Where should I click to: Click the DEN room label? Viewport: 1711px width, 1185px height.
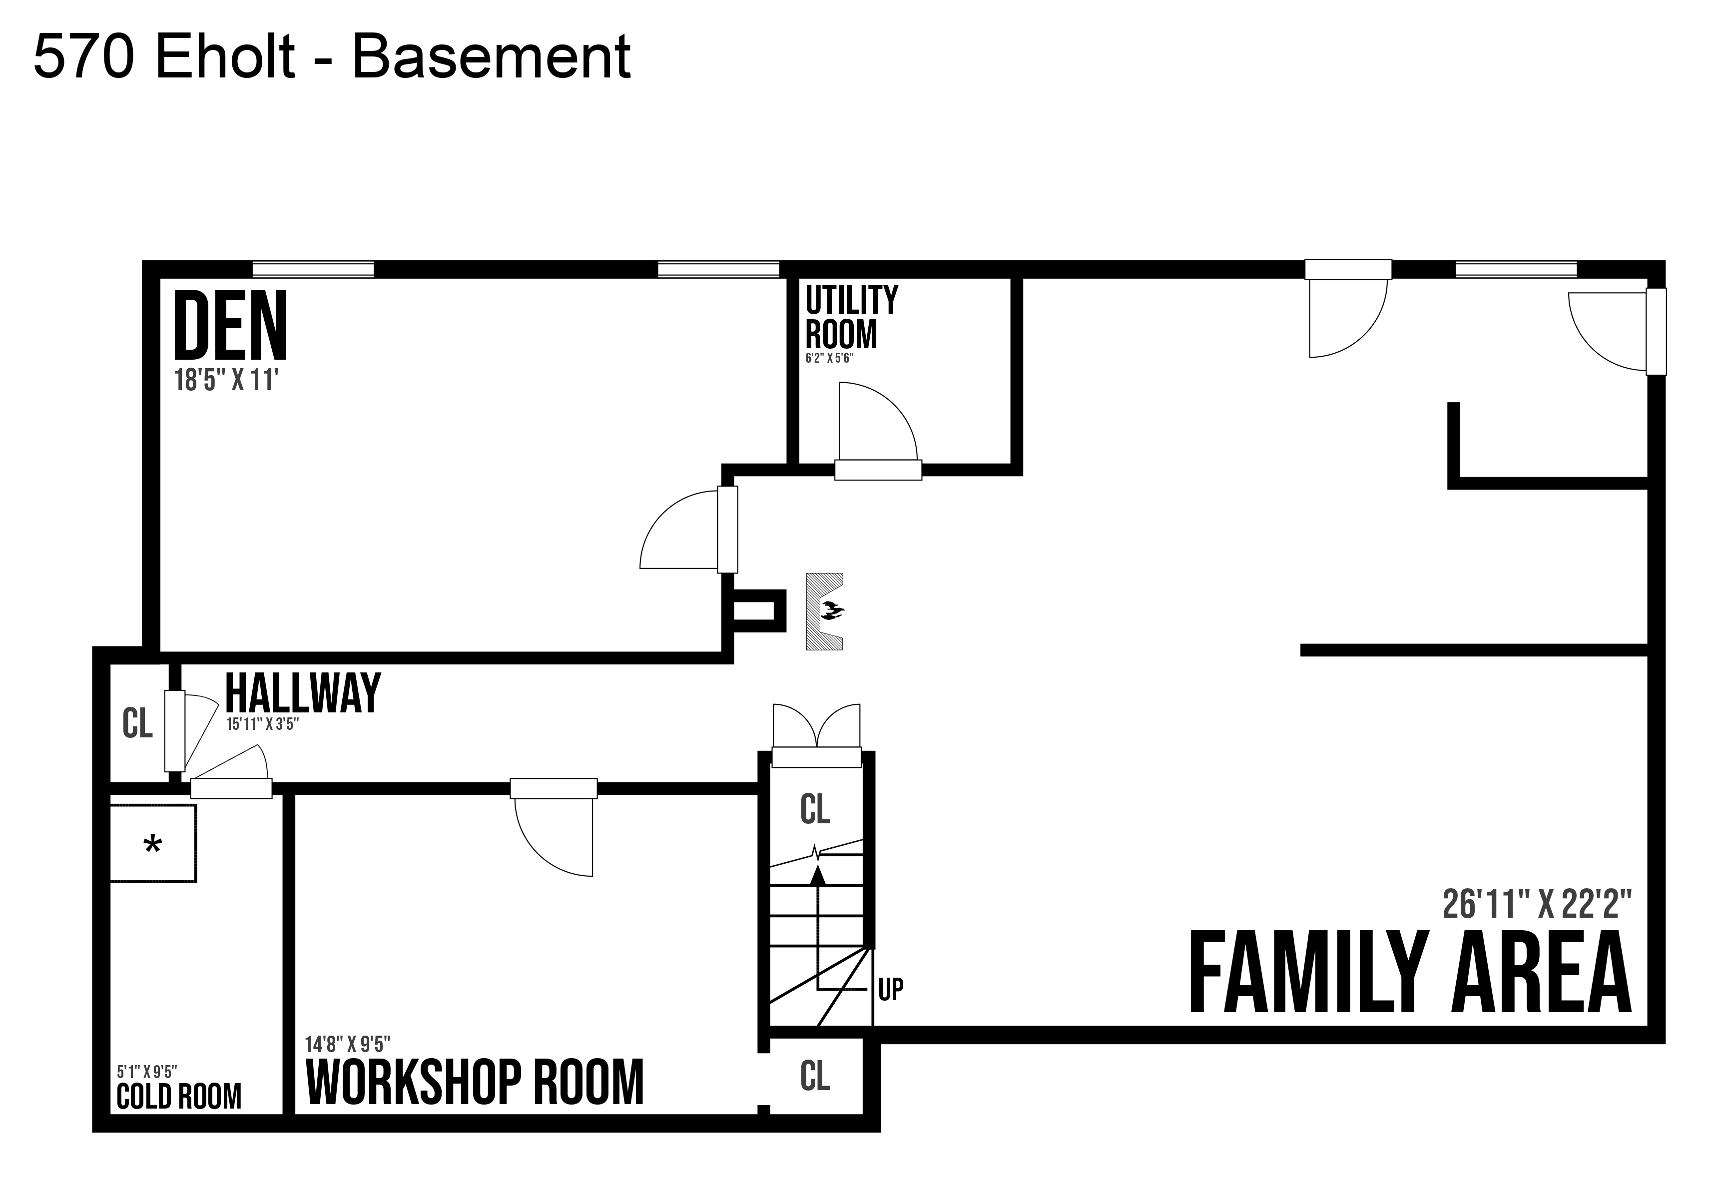(230, 324)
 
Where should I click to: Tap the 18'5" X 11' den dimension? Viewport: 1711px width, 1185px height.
(226, 381)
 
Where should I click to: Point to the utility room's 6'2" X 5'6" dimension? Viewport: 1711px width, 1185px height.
(830, 358)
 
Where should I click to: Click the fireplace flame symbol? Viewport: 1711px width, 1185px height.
(831, 611)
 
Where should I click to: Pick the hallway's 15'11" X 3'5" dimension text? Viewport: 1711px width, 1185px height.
(263, 724)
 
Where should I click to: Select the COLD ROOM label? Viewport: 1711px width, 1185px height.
(179, 1096)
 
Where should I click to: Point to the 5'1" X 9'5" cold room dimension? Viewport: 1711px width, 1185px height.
(147, 1072)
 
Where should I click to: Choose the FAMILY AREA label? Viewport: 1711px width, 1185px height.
(1410, 973)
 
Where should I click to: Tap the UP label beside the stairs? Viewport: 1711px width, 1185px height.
(891, 989)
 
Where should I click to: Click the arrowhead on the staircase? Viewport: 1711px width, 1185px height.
(818, 875)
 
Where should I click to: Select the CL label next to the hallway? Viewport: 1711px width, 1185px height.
(137, 723)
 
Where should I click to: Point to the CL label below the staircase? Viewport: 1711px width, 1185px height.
(815, 1075)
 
